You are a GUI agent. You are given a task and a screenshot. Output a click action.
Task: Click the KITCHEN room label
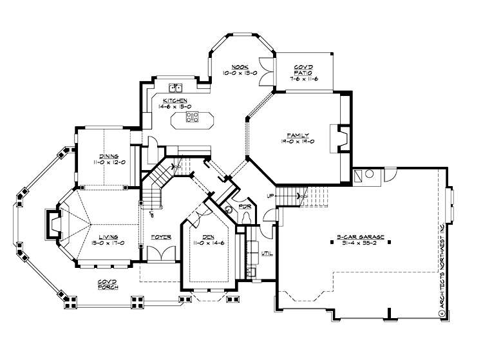[x=175, y=100]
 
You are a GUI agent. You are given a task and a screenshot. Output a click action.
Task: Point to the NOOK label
[x=240, y=67]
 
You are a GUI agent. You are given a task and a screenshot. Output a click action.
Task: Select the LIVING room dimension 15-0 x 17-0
[x=108, y=242]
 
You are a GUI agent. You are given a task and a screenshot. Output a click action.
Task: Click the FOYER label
[x=161, y=236]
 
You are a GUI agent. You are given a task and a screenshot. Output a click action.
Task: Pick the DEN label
[x=208, y=236]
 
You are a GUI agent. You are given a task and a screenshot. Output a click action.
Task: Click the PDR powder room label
[x=245, y=207]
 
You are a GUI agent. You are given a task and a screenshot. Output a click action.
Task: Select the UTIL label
[x=267, y=252]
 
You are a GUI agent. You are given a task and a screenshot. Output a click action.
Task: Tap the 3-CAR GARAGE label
[x=360, y=236]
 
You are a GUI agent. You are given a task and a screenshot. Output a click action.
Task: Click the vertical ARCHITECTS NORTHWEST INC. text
[x=442, y=271]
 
